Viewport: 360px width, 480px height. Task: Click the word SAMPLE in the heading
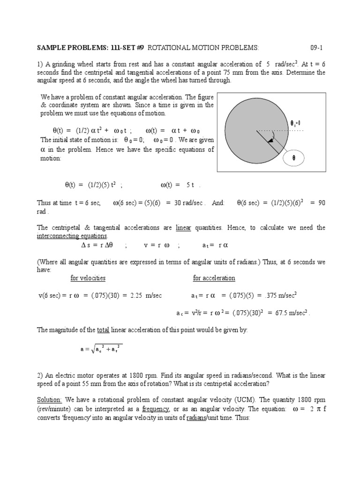51,48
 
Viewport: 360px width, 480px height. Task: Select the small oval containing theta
294,158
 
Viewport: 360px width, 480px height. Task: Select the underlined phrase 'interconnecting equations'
72,236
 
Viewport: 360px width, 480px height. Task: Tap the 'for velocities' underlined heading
88,278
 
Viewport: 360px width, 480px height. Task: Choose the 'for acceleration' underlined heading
214,278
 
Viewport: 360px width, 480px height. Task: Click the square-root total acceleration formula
101,349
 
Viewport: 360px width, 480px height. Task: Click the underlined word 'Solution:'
49,400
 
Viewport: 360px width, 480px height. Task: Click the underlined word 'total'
103,330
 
